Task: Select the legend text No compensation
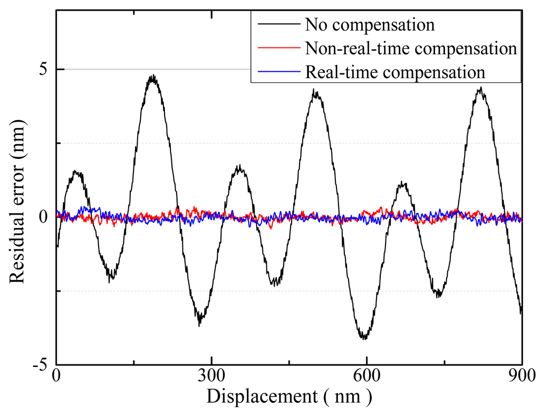point(369,25)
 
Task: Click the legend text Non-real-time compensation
point(410,49)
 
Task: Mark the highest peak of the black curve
point(153,76)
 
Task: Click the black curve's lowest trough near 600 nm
point(364,338)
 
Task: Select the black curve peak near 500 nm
point(316,91)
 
